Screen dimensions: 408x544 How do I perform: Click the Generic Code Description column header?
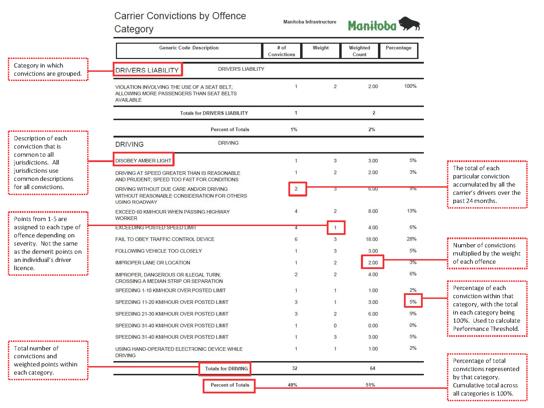pos(189,48)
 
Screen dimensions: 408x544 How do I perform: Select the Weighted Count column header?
pos(359,51)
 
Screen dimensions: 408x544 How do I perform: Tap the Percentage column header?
pos(398,48)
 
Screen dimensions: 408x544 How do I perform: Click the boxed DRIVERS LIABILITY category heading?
pos(147,70)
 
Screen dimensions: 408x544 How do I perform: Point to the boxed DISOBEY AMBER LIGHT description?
pos(143,161)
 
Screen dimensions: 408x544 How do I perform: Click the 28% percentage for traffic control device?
pos(411,239)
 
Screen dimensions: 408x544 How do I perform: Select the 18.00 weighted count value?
pos(372,239)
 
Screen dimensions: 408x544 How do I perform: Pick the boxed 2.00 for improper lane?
pos(373,263)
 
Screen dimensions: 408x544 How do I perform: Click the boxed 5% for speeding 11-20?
pos(413,302)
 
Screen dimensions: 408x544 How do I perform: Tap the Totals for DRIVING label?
pos(226,369)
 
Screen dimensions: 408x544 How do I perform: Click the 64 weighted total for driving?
pos(372,369)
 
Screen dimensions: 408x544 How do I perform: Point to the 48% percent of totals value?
pos(293,385)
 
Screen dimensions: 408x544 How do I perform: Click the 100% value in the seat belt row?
pos(410,86)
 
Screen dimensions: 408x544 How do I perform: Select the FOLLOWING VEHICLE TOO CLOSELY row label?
pos(159,251)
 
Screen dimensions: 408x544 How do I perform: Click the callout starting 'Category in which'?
pos(48,70)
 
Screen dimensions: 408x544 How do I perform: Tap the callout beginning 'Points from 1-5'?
pos(48,243)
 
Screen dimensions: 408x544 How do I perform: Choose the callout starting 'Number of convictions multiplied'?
pos(487,253)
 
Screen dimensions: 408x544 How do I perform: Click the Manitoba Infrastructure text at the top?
pos(310,22)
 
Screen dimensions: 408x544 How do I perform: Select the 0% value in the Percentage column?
pos(413,325)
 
